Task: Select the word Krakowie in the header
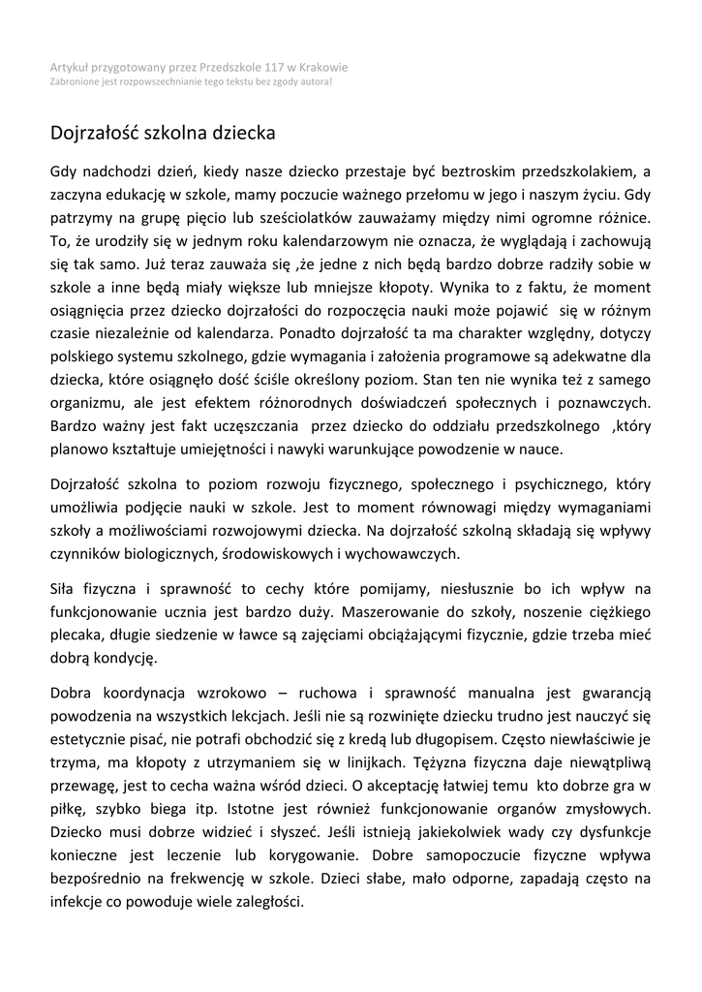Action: pyautogui.click(x=323, y=68)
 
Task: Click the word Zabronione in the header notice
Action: pyautogui.click(x=76, y=81)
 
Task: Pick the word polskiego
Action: pyautogui.click(x=80, y=356)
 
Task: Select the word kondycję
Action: pyautogui.click(x=128, y=659)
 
